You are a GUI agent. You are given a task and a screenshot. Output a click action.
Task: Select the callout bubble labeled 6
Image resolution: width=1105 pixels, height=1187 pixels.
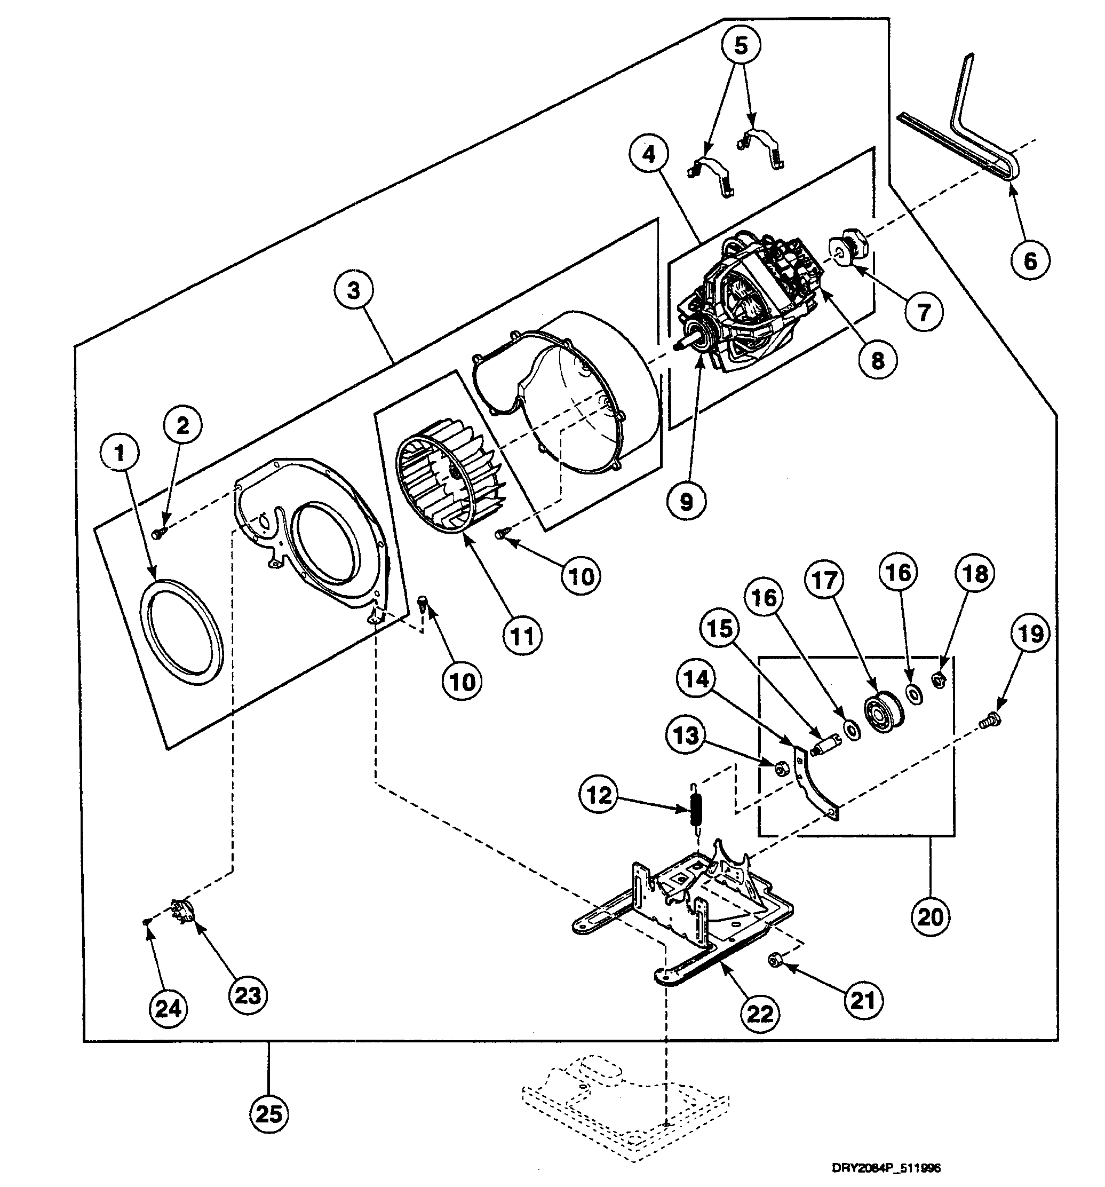tap(1030, 260)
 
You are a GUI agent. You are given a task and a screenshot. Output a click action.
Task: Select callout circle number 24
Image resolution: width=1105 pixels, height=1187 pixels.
tap(168, 1009)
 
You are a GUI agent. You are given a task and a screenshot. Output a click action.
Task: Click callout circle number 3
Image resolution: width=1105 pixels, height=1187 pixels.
tap(353, 291)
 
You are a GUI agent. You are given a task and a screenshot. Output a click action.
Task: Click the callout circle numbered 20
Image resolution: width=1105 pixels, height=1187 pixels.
tap(930, 915)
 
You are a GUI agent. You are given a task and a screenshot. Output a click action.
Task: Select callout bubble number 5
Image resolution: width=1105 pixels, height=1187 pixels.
tap(740, 45)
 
